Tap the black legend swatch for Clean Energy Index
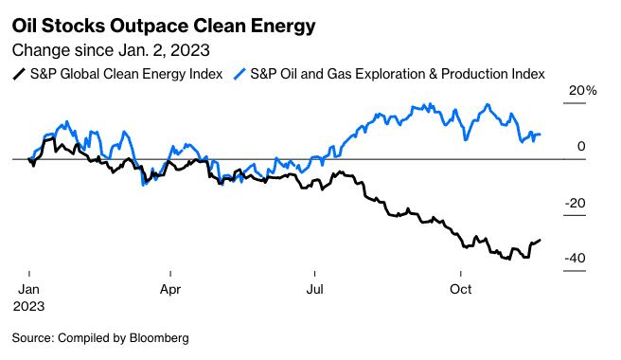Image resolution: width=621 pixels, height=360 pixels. click(18, 74)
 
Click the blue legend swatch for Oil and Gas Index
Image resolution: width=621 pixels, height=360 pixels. click(240, 74)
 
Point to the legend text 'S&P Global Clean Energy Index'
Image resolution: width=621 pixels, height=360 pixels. click(125, 74)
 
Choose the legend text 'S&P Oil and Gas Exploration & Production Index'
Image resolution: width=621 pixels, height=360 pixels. click(398, 74)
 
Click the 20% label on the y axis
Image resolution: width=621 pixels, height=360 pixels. click(582, 91)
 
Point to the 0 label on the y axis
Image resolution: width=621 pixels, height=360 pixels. click(582, 147)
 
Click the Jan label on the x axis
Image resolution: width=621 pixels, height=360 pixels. click(29, 289)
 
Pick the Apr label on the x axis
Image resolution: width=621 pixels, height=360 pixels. click(170, 289)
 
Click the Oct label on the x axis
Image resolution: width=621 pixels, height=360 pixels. click(461, 289)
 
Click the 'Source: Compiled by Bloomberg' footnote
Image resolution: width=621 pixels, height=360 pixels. click(100, 337)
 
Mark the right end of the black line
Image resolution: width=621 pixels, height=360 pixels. click(541, 240)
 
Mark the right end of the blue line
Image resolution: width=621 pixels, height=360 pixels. click(540, 135)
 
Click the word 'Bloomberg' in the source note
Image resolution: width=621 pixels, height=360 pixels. click(156, 337)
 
